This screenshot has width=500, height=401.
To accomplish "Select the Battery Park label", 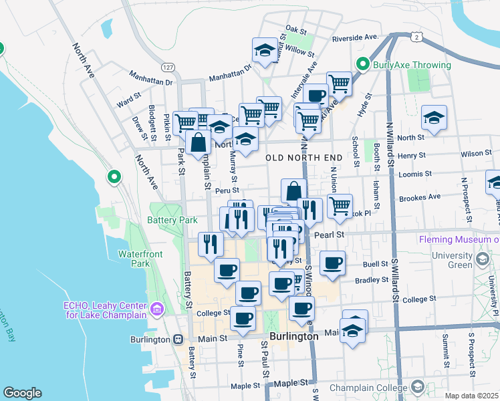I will pyautogui.click(x=172, y=220).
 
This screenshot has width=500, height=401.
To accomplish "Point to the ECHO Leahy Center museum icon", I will pyautogui.click(x=157, y=309).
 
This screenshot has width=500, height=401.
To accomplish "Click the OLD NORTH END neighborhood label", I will pyautogui.click(x=304, y=158).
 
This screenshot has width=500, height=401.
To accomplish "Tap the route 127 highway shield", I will pyautogui.click(x=168, y=68).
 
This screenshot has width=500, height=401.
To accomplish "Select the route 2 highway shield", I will pyautogui.click(x=416, y=38).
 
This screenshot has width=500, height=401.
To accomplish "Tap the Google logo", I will pyautogui.click(x=22, y=393).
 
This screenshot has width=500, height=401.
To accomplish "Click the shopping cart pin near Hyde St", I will pyautogui.click(x=340, y=84).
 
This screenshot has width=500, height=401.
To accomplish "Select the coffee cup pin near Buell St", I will pyautogui.click(x=332, y=262).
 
